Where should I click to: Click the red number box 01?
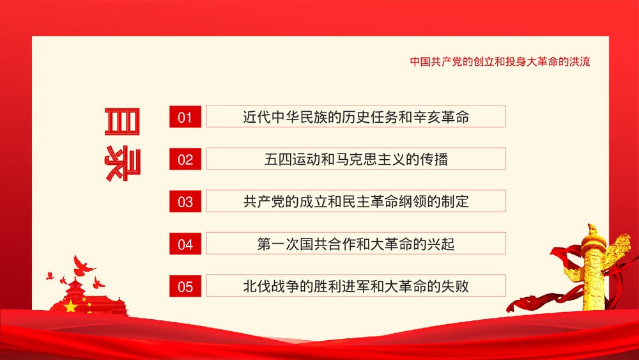coord(185,116)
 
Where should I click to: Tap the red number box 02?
coord(185,159)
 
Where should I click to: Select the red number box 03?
coord(185,201)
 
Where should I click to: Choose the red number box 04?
coord(185,244)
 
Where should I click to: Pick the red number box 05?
coord(185,286)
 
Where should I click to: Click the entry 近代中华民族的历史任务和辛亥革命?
coord(356,116)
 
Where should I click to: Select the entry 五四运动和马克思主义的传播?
coord(356,159)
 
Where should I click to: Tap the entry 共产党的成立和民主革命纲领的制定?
coord(356,201)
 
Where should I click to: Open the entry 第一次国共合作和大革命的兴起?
coord(356,244)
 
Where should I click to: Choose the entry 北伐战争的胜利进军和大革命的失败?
coord(356,286)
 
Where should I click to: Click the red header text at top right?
coord(500,62)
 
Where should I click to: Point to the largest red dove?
coord(83,264)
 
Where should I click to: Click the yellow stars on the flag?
coord(69,307)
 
